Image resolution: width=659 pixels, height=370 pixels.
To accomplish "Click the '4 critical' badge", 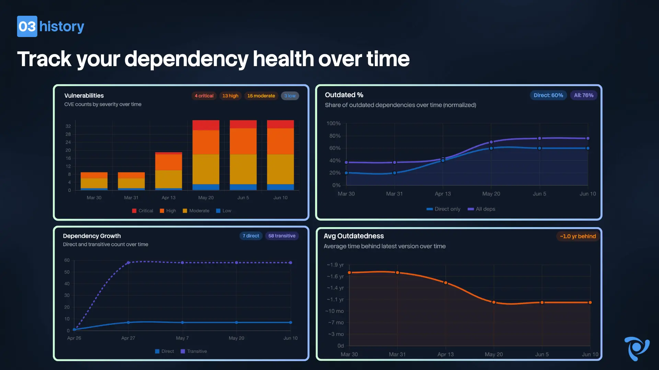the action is tap(204, 96).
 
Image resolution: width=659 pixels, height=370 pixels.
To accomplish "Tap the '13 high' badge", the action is tap(230, 96).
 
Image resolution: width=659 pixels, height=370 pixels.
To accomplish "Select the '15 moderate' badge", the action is tap(261, 96).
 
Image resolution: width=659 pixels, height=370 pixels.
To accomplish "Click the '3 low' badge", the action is tap(290, 96).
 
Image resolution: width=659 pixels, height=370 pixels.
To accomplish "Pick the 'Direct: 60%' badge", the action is tap(548, 95).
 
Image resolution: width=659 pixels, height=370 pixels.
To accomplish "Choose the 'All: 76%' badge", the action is tap(583, 95).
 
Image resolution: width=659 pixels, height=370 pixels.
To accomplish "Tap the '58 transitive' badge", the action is tap(282, 236).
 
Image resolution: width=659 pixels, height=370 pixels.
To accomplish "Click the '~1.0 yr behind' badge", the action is tap(578, 236).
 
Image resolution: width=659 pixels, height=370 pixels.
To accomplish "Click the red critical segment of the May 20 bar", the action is tap(206, 125).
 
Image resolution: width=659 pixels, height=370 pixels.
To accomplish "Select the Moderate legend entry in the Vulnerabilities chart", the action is tap(196, 211).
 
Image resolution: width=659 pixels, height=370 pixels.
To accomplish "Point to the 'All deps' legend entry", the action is tap(482, 209).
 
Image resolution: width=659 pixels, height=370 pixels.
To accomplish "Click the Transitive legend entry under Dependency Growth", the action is tap(194, 351).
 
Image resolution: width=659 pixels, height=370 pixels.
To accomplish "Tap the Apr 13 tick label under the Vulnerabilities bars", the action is tap(169, 198).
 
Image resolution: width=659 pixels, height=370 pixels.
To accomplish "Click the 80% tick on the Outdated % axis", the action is tap(335, 136).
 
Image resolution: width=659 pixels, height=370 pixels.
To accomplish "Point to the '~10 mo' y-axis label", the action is tap(335, 311).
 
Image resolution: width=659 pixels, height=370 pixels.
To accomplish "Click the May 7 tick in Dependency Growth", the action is tap(182, 338).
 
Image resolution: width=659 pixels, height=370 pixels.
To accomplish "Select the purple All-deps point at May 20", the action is tap(491, 142).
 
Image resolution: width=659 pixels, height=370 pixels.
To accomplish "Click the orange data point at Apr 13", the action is tap(446, 283).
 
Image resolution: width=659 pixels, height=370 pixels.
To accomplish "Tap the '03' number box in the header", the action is tap(27, 26).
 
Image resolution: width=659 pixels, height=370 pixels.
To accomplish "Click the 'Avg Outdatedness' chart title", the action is tap(354, 236).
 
